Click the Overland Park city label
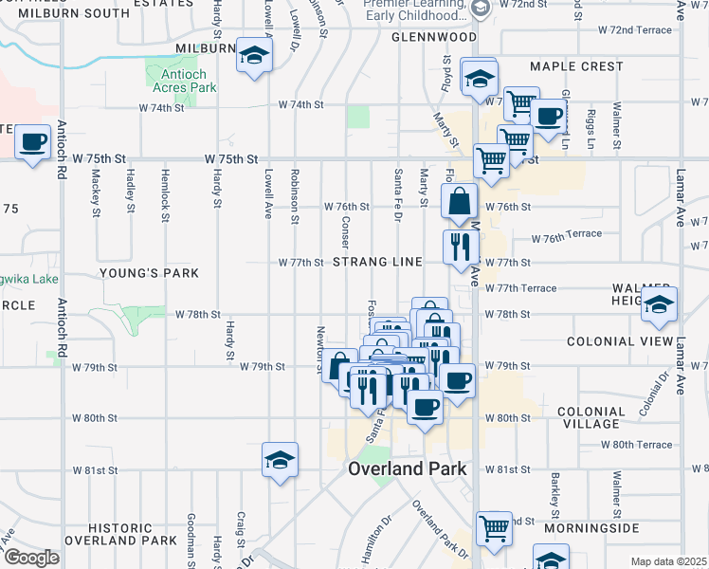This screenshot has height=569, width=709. point(407,468)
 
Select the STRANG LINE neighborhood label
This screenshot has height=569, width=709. point(376,262)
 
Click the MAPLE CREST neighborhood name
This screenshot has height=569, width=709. point(576,66)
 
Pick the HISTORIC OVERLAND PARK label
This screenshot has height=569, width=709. point(133,534)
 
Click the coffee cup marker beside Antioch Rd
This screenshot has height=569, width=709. point(33,143)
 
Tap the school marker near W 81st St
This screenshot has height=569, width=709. point(280,460)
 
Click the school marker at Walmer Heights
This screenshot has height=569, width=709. point(659,303)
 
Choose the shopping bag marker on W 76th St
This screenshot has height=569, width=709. point(460,202)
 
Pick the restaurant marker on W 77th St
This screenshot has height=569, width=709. point(459,248)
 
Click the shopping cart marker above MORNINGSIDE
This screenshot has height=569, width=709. point(494,530)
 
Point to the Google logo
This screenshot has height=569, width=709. point(31,557)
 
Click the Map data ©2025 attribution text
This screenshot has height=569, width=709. point(667,561)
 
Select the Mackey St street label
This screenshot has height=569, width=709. point(97,195)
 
